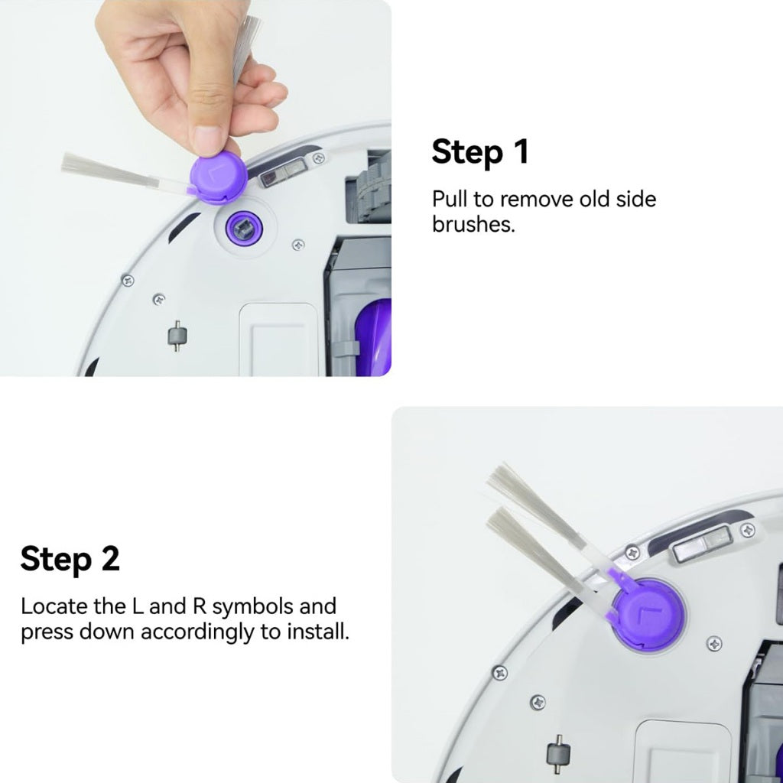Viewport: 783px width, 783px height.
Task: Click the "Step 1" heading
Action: [479, 151]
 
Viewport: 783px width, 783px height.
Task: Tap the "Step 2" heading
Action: [70, 558]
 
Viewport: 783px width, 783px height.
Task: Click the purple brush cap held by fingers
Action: [218, 178]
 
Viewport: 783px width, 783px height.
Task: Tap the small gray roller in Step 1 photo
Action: [177, 336]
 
